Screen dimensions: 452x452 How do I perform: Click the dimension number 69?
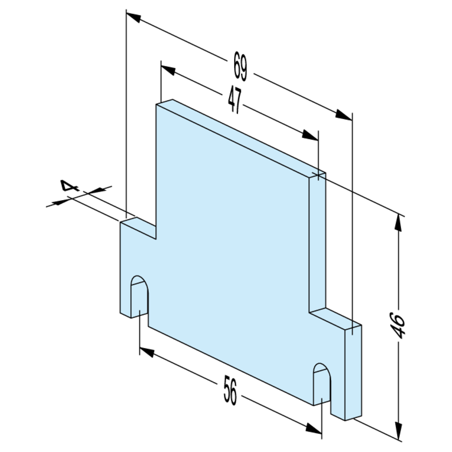coord(240,66)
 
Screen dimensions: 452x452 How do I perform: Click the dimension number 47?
coord(235,100)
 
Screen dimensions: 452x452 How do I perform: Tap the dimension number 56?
coord(230,390)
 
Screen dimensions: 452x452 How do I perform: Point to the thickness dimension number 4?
coord(69,186)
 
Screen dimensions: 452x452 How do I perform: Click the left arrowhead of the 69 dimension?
coord(133,17)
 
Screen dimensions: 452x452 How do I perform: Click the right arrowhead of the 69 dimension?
coord(344,115)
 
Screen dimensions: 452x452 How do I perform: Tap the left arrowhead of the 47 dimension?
coord(168,70)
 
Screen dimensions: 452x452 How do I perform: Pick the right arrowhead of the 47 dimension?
coord(310,136)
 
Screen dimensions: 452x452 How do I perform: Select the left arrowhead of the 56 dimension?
coord(147,352)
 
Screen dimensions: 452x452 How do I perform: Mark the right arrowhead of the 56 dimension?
coord(314,429)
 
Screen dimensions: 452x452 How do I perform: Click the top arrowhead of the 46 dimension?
coord(398,223)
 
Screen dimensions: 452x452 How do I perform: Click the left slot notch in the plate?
coord(139,297)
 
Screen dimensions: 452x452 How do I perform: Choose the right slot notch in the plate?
coord(322,385)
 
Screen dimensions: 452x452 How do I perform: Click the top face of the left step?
coord(138,228)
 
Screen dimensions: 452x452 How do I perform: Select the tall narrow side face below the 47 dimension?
coord(317,243)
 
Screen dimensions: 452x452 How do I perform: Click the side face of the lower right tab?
coord(354,373)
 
